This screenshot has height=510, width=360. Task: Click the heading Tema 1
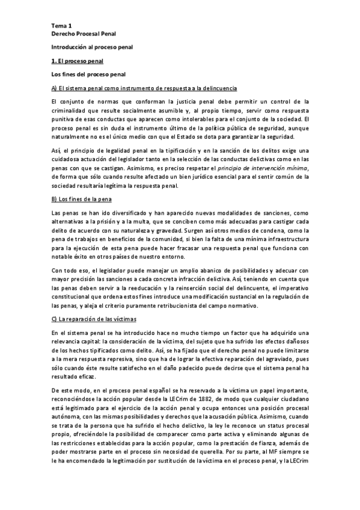pyautogui.click(x=61, y=26)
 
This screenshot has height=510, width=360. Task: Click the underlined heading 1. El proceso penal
pyautogui.click(x=78, y=61)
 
